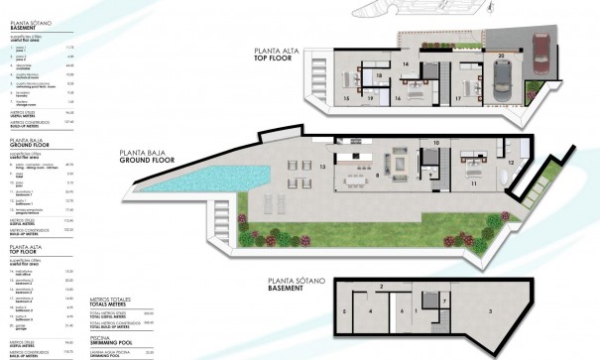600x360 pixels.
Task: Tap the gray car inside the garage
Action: (503, 73)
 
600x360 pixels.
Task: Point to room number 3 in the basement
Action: (492, 310)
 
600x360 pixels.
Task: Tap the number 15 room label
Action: (346, 99)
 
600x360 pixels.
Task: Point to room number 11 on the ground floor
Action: (474, 184)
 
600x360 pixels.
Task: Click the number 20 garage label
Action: (502, 55)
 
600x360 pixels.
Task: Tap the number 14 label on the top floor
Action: (406, 64)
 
